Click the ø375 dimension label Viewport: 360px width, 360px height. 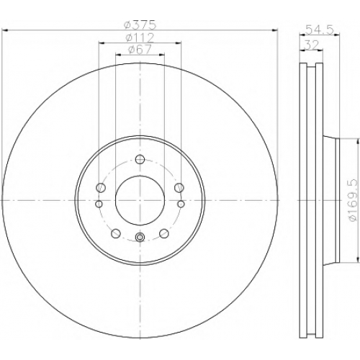140,25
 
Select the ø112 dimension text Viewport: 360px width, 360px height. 140,37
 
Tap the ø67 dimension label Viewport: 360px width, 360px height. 140,50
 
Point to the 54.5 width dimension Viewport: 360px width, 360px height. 320,30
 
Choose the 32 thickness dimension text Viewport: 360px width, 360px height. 311,45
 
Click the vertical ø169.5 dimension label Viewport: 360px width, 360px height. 354,200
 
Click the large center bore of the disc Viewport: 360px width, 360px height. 140,200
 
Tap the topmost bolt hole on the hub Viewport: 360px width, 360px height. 140,159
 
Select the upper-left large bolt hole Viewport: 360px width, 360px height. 101,187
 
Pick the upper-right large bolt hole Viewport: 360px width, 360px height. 179,187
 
